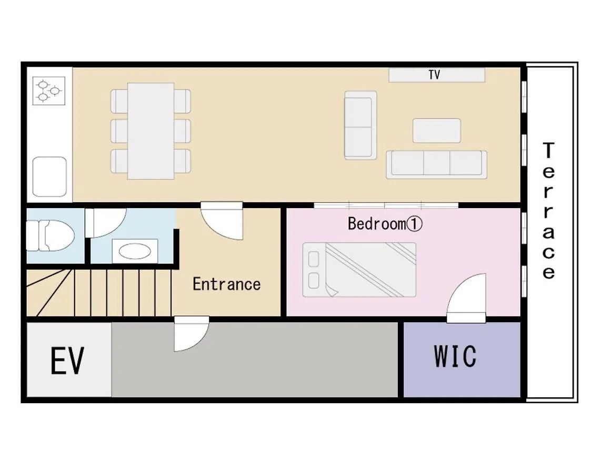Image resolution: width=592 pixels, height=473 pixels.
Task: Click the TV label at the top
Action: (434, 75)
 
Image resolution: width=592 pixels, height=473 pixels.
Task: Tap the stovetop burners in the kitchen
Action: (49, 90)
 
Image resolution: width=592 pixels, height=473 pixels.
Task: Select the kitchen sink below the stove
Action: (49, 177)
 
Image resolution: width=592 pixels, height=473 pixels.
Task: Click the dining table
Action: (150, 131)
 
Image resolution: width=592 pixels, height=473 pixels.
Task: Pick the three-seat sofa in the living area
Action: (436, 164)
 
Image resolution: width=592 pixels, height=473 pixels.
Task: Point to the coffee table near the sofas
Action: (436, 130)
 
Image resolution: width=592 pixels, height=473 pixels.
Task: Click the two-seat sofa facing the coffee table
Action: (360, 125)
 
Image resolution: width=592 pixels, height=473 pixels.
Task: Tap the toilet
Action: (50, 236)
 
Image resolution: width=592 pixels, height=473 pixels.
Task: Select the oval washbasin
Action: (135, 251)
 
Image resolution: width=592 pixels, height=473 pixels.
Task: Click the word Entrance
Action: (226, 284)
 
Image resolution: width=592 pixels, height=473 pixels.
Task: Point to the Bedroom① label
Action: (385, 224)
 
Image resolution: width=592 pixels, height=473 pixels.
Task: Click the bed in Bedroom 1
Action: (359, 270)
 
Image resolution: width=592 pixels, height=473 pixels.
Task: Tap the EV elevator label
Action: (67, 361)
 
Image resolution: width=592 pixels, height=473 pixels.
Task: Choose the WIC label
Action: (455, 356)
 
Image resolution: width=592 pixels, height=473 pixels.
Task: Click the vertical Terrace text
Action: (548, 210)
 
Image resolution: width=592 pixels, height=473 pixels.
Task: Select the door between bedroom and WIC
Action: (466, 298)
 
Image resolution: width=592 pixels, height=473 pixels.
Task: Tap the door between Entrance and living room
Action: (222, 221)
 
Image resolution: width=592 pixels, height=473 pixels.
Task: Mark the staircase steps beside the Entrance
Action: (98, 293)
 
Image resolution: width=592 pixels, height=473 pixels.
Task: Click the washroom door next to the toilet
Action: (105, 222)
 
